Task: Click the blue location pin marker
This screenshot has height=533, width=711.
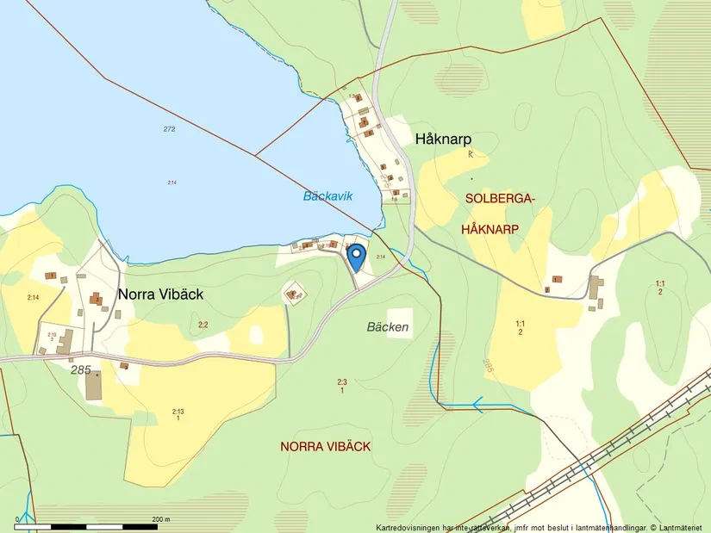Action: point(355,254)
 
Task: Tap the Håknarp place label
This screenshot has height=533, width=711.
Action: point(443,139)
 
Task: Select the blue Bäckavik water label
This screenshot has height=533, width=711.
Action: point(327,196)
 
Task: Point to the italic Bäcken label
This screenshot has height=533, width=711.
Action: point(387,327)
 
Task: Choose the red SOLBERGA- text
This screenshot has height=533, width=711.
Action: point(500,200)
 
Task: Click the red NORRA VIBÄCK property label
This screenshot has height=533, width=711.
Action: point(325,446)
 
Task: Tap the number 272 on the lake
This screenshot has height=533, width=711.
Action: point(169,129)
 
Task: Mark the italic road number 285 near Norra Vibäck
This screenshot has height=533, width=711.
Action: point(81,369)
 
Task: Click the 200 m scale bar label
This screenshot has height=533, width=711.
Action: point(160,519)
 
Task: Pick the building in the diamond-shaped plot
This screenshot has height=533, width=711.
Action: point(295,295)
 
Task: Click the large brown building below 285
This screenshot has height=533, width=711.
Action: point(94,387)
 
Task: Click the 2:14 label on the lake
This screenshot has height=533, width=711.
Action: point(172,183)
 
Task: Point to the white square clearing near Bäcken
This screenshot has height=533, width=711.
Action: point(399,323)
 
